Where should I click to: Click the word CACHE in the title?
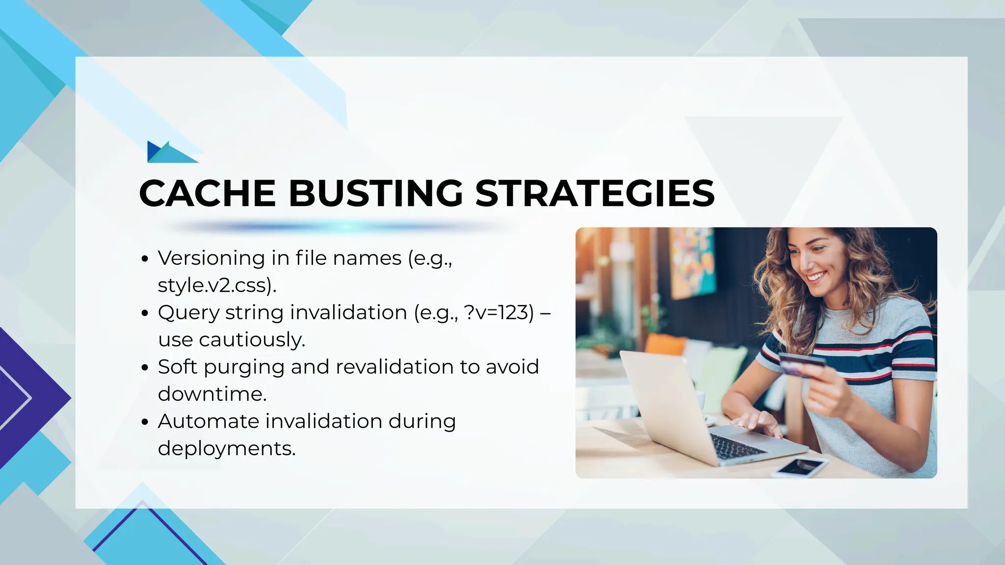[207, 193]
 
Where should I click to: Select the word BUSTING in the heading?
[376, 193]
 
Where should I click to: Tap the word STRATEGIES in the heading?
[595, 193]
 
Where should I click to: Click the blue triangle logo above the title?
[170, 152]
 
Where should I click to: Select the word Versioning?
[212, 258]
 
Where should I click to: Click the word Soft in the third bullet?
[177, 367]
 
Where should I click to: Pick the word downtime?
[212, 394]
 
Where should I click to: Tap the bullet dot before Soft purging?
[144, 367]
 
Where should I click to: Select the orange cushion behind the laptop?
[665, 344]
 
